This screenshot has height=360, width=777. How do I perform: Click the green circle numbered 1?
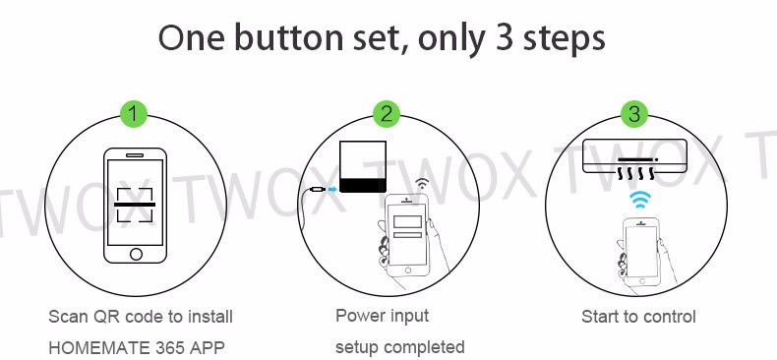click(134, 114)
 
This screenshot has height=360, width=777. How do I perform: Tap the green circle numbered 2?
click(387, 114)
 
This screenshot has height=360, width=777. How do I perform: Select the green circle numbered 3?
click(634, 114)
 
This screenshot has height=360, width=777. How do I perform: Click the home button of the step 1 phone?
click(136, 255)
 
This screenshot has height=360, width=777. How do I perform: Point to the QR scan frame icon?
click(135, 205)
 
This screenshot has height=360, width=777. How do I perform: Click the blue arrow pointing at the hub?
click(332, 190)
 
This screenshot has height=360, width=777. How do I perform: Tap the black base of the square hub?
click(363, 186)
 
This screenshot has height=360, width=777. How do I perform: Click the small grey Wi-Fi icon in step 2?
click(422, 184)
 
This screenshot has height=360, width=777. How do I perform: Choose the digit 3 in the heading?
click(505, 38)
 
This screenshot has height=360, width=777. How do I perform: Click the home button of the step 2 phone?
click(408, 270)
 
